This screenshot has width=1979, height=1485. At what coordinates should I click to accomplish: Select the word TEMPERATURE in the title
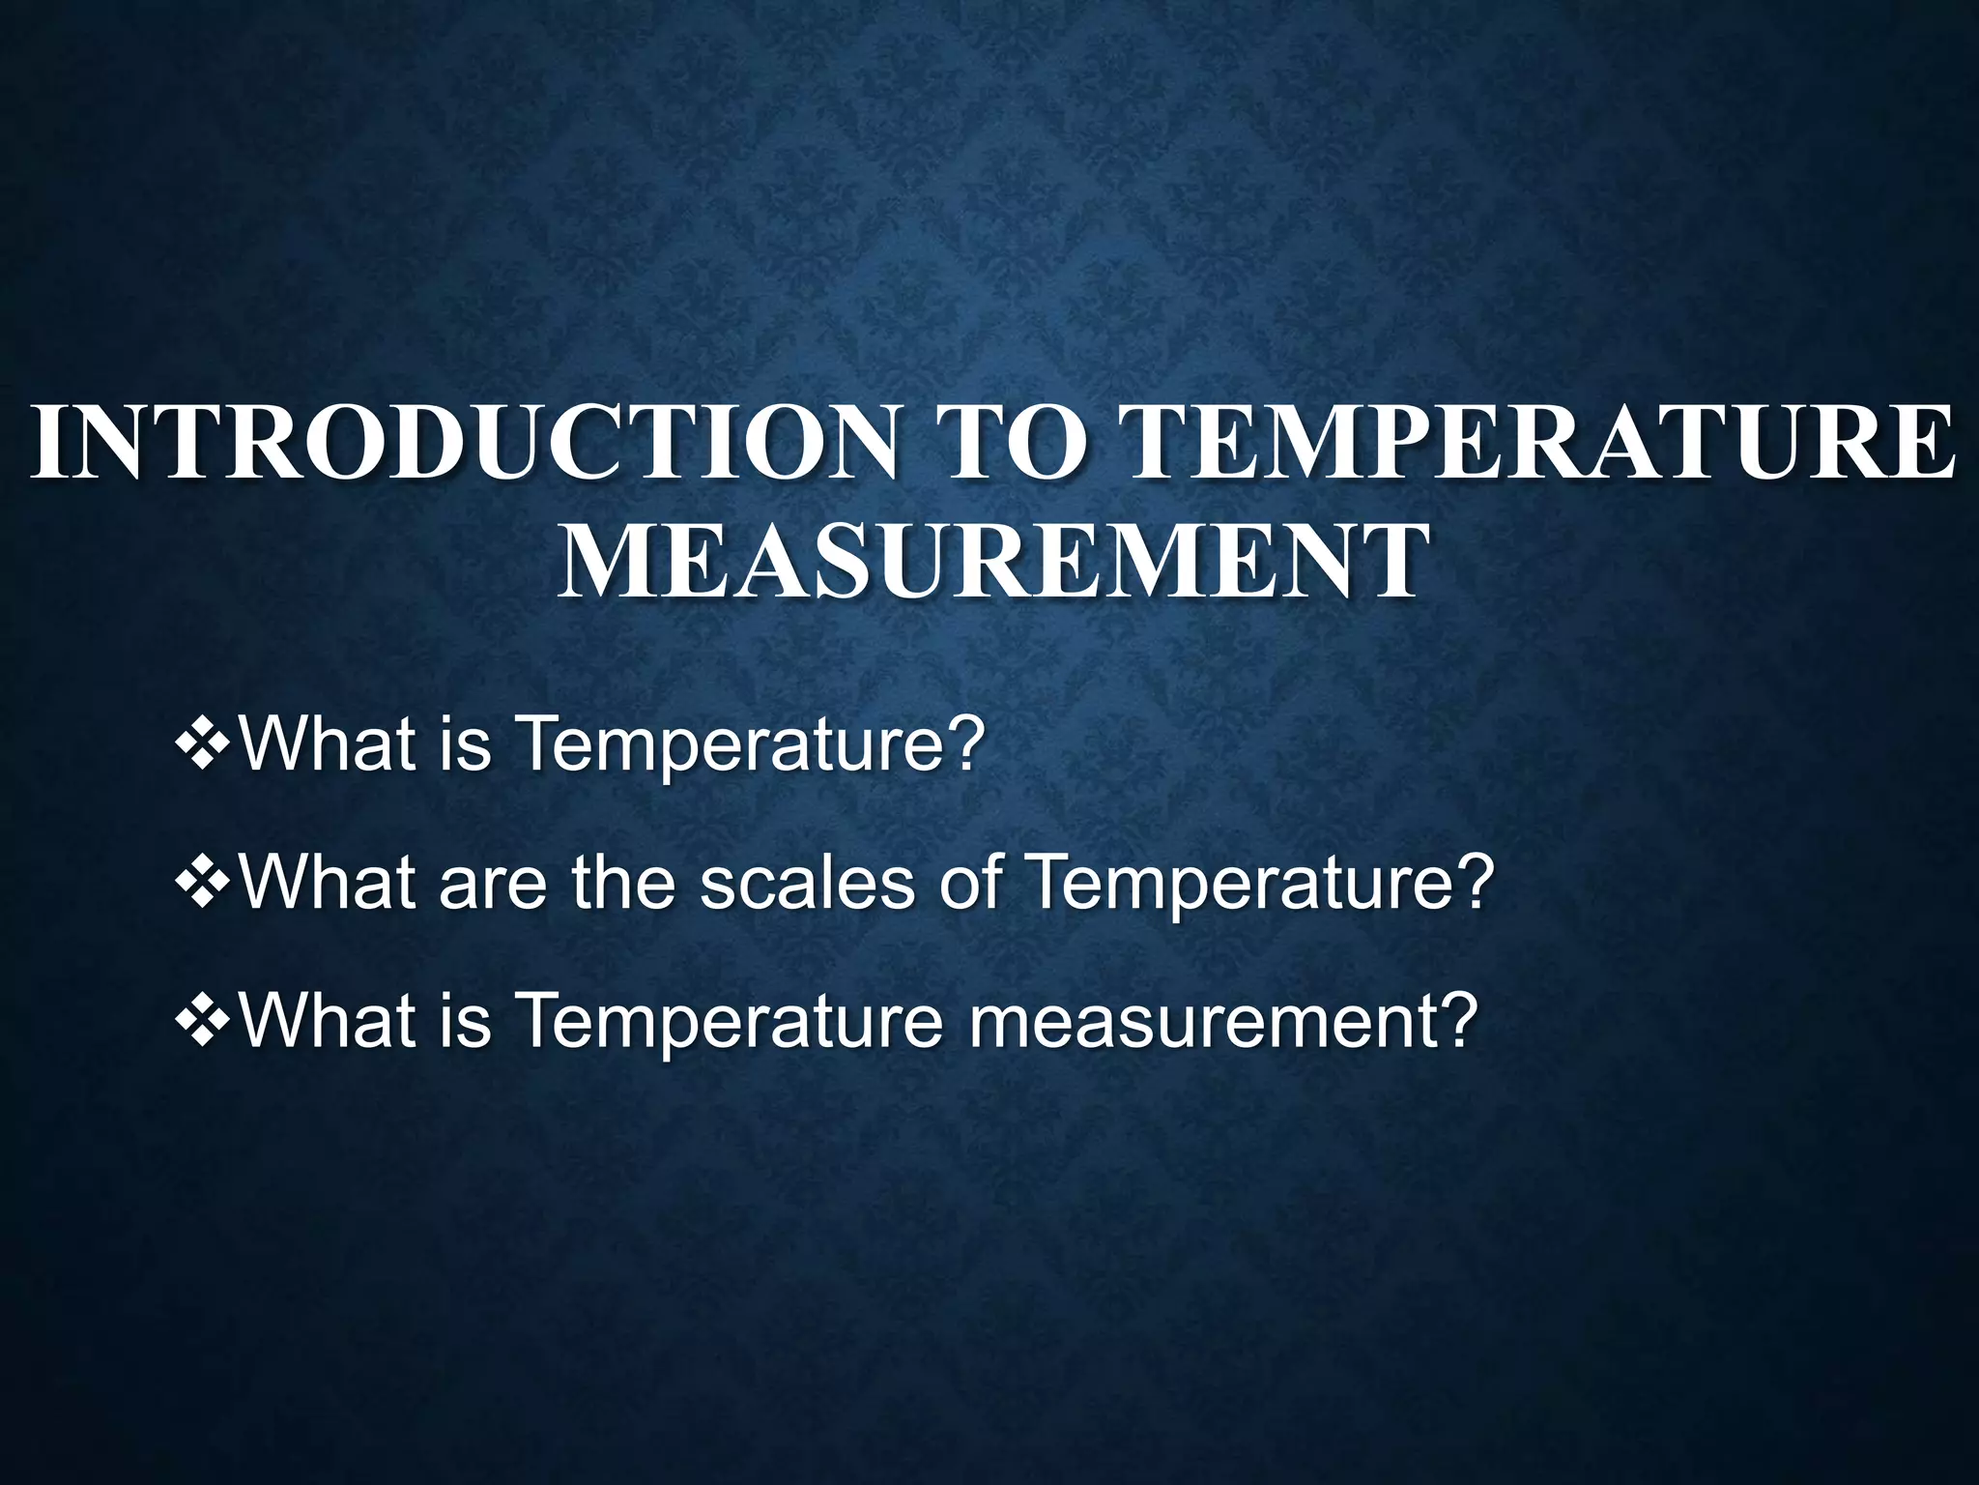click(x=1536, y=443)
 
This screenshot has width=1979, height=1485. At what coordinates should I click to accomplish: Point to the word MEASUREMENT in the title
click(x=989, y=562)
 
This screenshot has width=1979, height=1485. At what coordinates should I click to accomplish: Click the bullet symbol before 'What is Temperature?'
click(x=203, y=745)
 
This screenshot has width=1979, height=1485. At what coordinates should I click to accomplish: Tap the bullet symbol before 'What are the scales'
click(x=203, y=885)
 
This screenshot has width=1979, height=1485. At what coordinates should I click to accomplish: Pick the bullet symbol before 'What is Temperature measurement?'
click(x=203, y=1023)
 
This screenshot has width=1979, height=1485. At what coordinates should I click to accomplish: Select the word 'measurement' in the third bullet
click(x=1222, y=1021)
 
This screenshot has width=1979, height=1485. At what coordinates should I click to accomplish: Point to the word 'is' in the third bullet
click(x=466, y=1021)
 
